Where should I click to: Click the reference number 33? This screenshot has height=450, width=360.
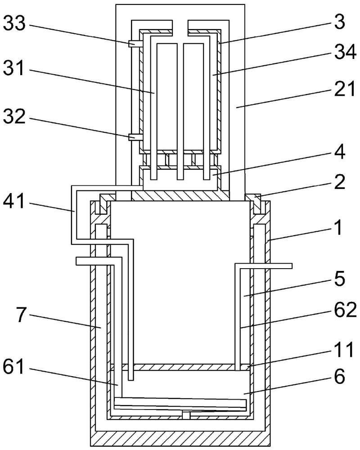tap(14, 23)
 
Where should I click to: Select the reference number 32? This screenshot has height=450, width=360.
tap(14, 117)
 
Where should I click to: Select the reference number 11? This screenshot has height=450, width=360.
tap(344, 350)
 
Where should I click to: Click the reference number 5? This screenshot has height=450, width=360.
tap(340, 279)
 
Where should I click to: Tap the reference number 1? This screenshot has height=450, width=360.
tap(339, 229)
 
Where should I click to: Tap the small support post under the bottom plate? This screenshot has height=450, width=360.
tap(186, 415)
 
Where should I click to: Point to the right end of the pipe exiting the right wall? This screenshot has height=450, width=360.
tap(292, 266)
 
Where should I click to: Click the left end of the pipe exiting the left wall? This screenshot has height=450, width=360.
tap(76, 261)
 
